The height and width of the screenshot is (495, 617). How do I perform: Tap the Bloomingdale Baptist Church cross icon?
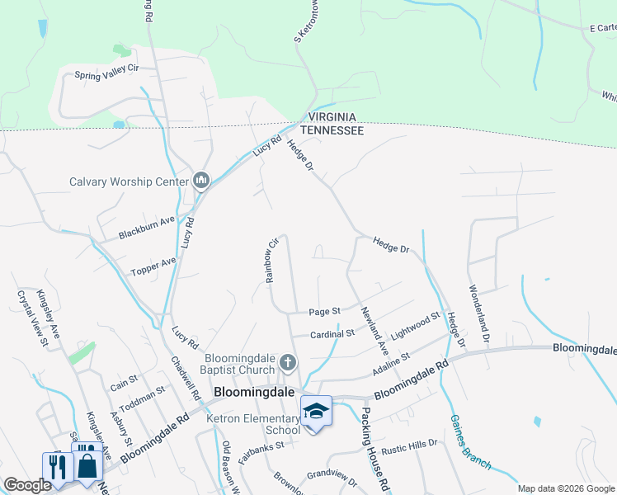coord(288,362)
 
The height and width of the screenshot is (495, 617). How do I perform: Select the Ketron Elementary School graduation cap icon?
coord(316,410)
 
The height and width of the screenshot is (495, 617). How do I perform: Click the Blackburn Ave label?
coord(147,221)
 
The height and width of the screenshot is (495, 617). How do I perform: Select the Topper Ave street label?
coord(153,266)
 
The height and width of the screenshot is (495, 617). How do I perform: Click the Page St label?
coord(324,312)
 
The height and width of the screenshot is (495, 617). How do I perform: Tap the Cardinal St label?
coord(332,334)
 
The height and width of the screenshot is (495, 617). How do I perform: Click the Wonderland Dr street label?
coord(480,314)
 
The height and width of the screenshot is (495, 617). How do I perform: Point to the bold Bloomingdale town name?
coord(254,393)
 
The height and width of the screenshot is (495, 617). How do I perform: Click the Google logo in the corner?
coord(26,485)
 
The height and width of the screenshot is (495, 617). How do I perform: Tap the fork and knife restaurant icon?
coord(57,466)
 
